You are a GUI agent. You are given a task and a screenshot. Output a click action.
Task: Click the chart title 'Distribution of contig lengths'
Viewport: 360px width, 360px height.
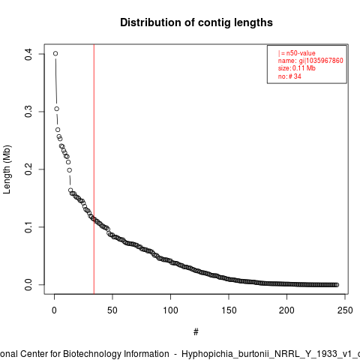[196, 22]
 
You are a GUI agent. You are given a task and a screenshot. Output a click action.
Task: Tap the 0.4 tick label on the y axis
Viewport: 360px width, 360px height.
[28, 54]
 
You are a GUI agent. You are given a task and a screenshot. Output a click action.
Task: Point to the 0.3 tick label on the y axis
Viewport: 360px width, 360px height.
[28, 112]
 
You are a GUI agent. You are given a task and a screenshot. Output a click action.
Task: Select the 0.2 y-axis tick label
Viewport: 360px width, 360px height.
[28, 169]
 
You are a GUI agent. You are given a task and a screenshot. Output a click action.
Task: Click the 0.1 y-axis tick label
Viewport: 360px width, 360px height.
[28, 227]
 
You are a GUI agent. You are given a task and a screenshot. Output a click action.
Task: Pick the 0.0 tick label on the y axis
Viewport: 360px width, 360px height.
[28, 285]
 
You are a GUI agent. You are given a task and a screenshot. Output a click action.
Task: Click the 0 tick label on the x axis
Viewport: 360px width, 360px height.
[54, 310]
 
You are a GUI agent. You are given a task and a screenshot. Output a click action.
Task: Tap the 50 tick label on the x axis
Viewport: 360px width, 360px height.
[112, 310]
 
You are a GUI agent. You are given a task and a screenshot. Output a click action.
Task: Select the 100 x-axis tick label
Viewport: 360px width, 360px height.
[170, 310]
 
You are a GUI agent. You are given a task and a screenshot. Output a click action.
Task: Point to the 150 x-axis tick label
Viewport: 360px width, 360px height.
[229, 310]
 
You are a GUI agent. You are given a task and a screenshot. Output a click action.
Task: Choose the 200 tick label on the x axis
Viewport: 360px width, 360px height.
[286, 310]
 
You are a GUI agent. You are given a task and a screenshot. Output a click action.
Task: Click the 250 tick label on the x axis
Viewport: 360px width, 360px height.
[345, 310]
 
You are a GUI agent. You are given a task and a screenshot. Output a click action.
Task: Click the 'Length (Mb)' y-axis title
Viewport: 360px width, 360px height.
[7, 169]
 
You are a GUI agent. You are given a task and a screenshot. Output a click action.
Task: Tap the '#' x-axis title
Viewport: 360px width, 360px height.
[196, 332]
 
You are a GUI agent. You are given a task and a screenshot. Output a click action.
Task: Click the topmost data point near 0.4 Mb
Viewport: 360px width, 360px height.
[55, 53]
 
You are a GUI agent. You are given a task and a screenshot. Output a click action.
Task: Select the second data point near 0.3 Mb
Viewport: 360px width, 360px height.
[57, 109]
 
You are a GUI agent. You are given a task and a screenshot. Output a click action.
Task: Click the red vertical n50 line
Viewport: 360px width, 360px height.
[94, 169]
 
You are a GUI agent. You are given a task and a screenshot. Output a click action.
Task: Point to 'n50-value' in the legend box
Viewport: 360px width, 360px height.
[301, 53]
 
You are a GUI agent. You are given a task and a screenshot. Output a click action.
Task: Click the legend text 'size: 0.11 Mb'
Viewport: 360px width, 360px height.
[297, 68]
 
